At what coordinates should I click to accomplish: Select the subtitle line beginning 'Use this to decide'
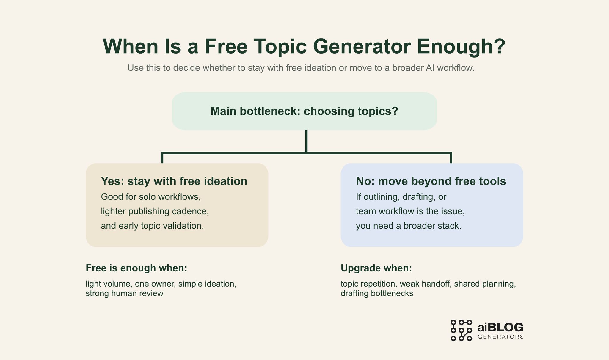[301, 68]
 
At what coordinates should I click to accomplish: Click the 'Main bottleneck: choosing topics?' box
[304, 111]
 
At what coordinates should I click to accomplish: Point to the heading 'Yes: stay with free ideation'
[174, 181]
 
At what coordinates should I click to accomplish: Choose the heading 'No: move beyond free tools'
[431, 181]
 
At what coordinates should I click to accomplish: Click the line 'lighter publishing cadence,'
[155, 211]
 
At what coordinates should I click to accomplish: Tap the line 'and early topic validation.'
[152, 226]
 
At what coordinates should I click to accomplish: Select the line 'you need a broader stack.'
[409, 226]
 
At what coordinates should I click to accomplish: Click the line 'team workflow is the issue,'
[410, 211]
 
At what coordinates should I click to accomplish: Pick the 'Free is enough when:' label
[136, 268]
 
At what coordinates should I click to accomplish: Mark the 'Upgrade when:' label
[376, 268]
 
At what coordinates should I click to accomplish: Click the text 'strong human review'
[125, 293]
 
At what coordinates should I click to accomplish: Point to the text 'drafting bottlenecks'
[377, 293]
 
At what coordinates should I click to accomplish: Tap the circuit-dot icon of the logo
[461, 330]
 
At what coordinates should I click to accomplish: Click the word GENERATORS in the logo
[500, 337]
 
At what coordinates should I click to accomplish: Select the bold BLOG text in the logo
[506, 328]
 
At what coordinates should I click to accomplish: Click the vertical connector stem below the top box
[306, 141]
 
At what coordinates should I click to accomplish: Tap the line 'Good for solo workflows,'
[151, 197]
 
